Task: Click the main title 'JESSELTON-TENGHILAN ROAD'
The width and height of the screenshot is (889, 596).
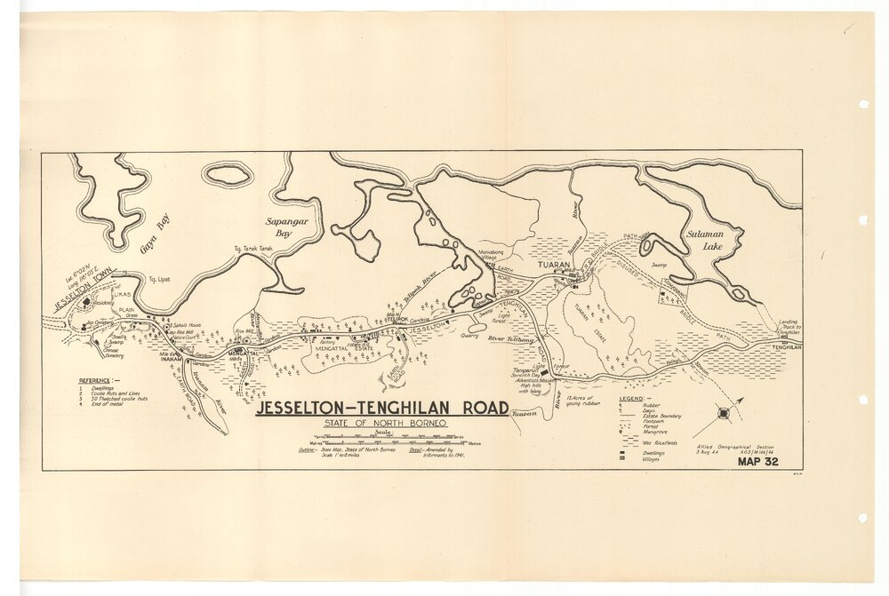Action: click(x=382, y=409)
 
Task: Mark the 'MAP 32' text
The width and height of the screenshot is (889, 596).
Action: click(x=758, y=461)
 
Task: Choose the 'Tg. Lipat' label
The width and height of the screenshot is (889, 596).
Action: click(x=159, y=278)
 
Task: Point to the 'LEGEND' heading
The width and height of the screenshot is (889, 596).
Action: click(x=632, y=399)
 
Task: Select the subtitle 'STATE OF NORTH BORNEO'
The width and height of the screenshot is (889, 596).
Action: click(x=381, y=423)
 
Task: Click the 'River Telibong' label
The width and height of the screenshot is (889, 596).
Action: click(x=510, y=339)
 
